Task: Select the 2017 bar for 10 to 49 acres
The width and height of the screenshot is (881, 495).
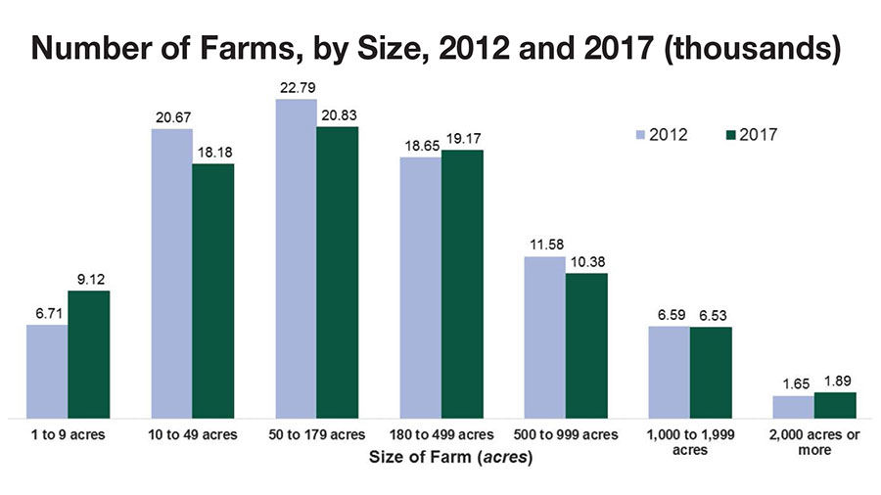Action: point(212,292)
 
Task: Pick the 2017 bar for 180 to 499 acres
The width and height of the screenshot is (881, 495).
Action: point(462,284)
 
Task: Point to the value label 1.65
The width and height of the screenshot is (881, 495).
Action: point(793,386)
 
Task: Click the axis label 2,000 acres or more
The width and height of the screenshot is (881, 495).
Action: point(814,442)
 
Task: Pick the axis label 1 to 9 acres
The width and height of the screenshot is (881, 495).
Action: point(68,434)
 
